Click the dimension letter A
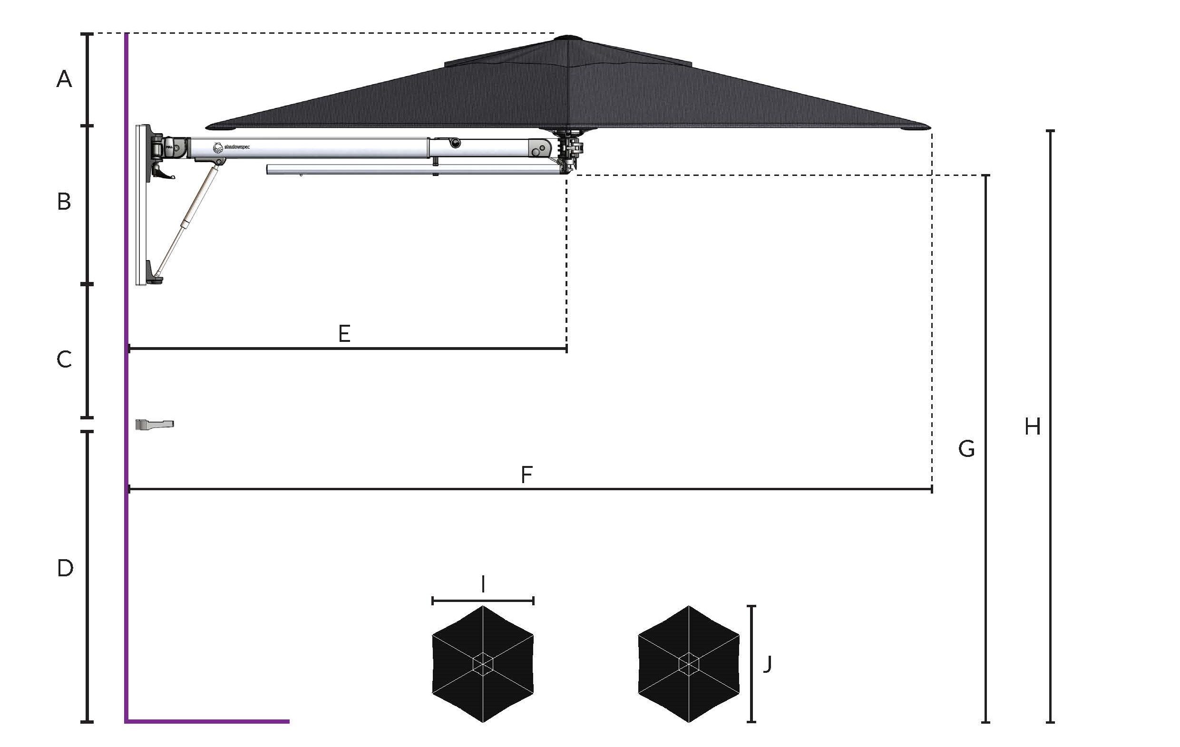[64, 79]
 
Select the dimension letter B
[64, 201]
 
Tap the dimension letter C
[64, 359]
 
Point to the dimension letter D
[65, 568]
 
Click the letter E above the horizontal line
[344, 334]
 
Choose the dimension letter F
[527, 475]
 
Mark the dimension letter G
[966, 449]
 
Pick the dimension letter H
[1033, 427]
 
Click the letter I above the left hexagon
[483, 584]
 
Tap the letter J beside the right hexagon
[768, 664]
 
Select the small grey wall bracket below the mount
[155, 425]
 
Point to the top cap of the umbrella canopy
[567, 37]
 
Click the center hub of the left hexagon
[483, 664]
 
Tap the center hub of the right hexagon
[689, 664]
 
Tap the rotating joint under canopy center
[568, 149]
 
